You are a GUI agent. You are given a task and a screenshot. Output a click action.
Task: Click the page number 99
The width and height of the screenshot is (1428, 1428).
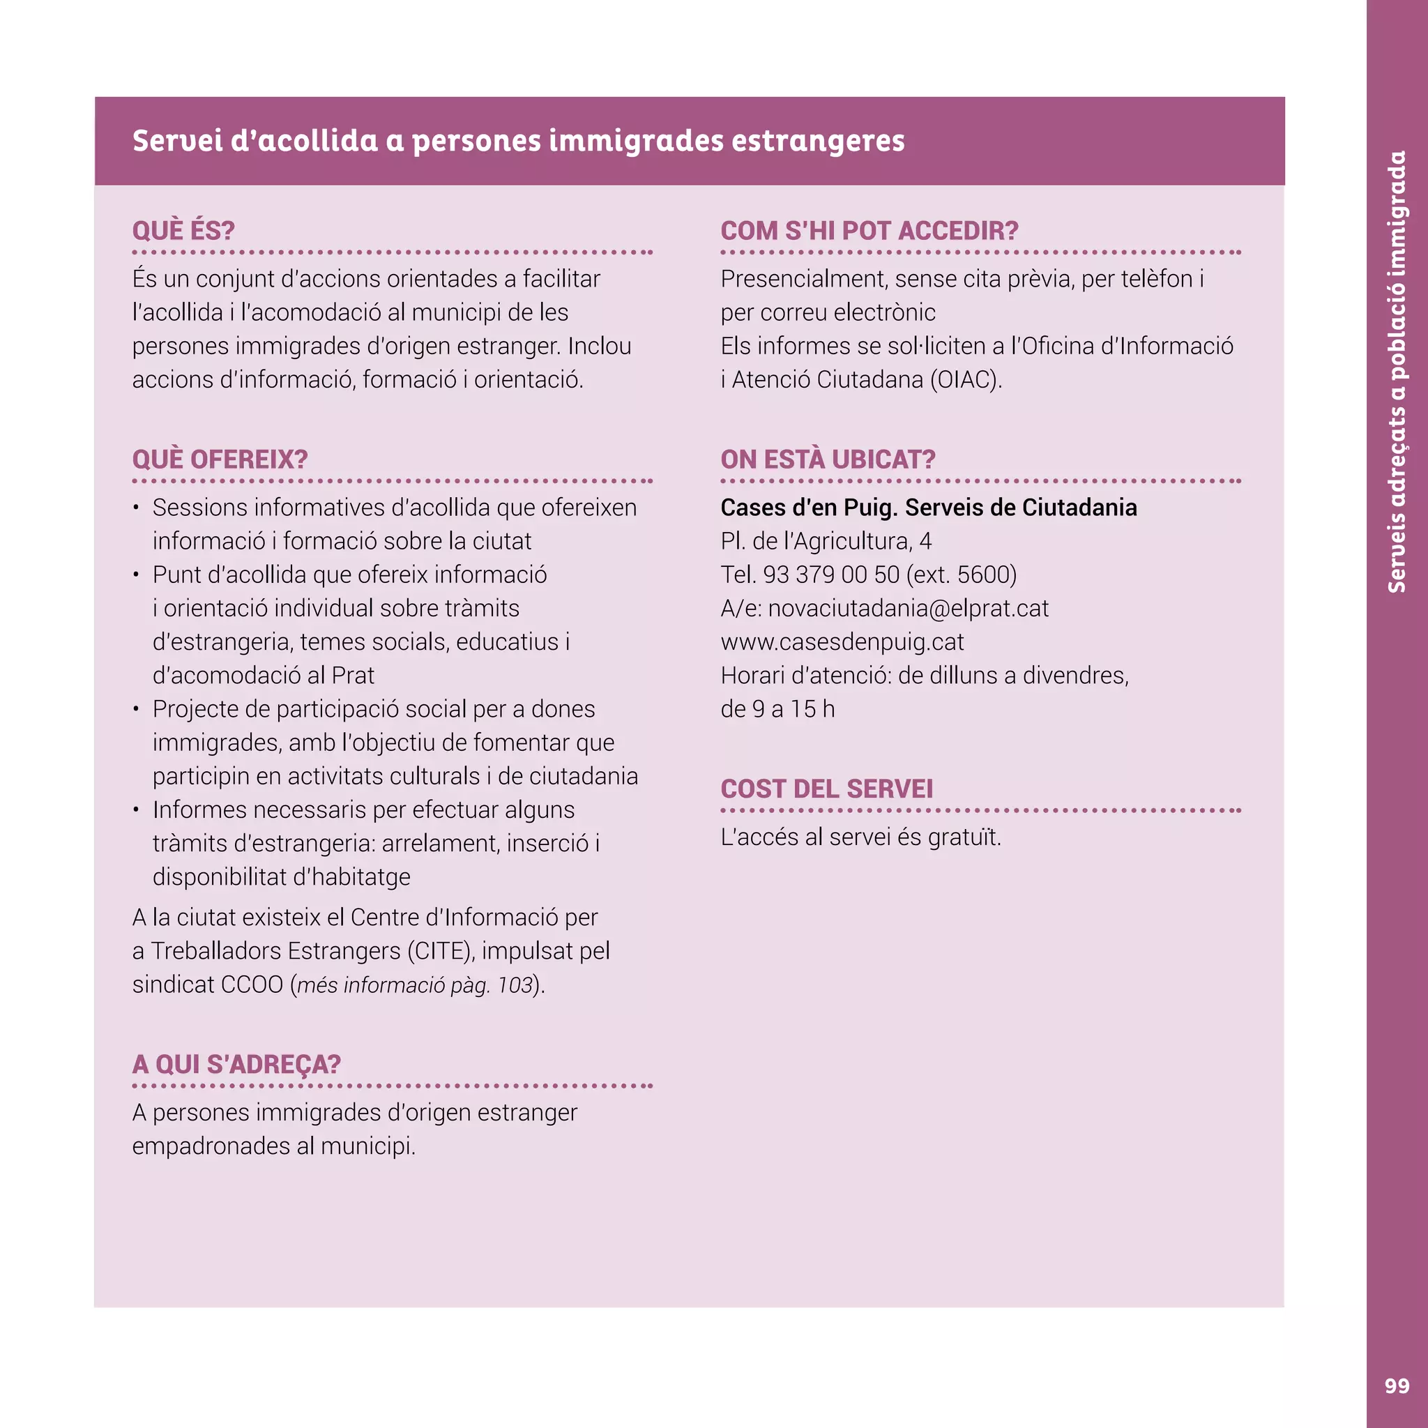pos(1396,1386)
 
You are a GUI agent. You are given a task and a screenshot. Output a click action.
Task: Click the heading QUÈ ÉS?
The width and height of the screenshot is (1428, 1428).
pos(183,231)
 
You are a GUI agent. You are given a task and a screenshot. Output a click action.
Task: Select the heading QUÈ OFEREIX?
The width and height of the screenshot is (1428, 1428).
pos(220,459)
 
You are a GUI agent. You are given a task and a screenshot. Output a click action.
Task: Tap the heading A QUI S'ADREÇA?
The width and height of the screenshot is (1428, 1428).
pos(236,1064)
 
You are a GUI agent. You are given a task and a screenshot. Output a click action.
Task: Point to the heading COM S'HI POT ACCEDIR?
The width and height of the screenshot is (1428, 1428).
pos(869,231)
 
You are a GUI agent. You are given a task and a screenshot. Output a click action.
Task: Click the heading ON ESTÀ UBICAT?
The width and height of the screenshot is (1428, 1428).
pos(828,459)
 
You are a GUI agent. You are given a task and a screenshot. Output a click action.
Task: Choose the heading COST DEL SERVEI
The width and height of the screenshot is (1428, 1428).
pos(826,789)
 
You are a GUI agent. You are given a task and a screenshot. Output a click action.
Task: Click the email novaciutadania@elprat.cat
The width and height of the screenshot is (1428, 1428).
pos(908,608)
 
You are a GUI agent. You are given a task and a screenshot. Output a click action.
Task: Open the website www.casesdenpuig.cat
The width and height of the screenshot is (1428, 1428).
pos(842,641)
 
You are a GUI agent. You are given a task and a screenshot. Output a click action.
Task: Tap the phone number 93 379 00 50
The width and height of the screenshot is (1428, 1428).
pos(830,575)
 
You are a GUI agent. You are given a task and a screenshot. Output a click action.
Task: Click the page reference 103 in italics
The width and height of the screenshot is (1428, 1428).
pos(515,985)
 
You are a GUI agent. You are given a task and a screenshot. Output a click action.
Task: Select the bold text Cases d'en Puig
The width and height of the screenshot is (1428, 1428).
pos(808,508)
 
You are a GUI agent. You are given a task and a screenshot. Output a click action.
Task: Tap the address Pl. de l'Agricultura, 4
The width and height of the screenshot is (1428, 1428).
pos(826,541)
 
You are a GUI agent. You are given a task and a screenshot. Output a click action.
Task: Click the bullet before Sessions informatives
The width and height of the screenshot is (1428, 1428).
pos(137,508)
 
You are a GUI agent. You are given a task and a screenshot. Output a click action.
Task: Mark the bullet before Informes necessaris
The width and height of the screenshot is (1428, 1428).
pos(137,811)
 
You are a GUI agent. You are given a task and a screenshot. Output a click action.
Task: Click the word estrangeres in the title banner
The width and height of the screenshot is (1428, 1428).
pos(817,140)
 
